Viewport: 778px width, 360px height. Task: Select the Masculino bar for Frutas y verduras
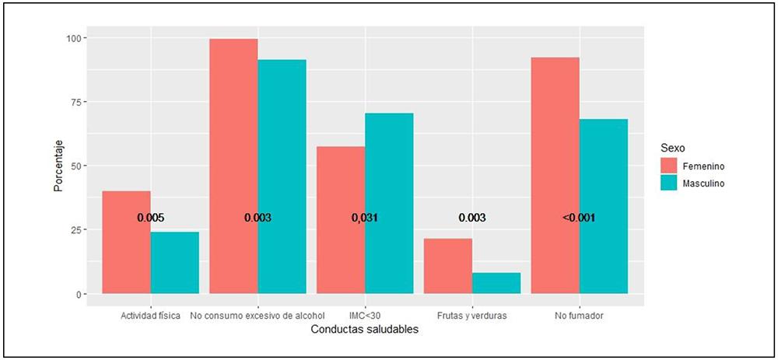(x=496, y=283)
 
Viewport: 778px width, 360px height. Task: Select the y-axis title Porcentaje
(x=58, y=166)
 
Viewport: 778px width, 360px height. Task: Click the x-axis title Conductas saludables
(x=365, y=330)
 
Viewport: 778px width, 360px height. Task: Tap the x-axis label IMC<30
(x=365, y=316)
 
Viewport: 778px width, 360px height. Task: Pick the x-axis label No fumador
(x=579, y=316)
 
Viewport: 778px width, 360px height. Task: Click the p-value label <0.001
(x=579, y=218)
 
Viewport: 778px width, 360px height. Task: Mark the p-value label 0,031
(x=365, y=218)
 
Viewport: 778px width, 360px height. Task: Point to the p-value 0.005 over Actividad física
(x=151, y=218)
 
